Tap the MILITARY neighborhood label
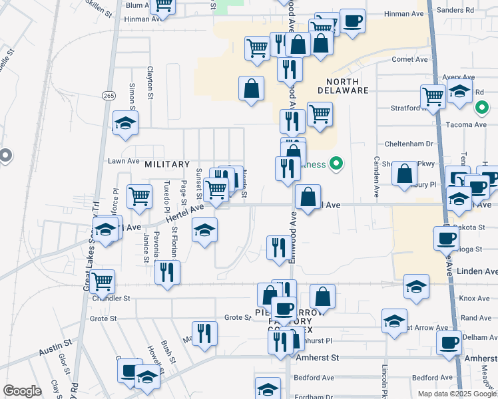pyautogui.click(x=168, y=164)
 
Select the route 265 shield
pyautogui.click(x=109, y=96)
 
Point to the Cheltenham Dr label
pyautogui.click(x=409, y=144)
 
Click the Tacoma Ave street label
pyautogui.click(x=471, y=125)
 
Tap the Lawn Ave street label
pyautogui.click(x=124, y=161)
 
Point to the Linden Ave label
pyautogui.click(x=477, y=271)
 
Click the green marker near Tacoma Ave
pyautogui.click(x=482, y=106)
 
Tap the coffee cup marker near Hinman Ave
pyautogui.click(x=352, y=21)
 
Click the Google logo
pyautogui.click(x=22, y=391)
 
